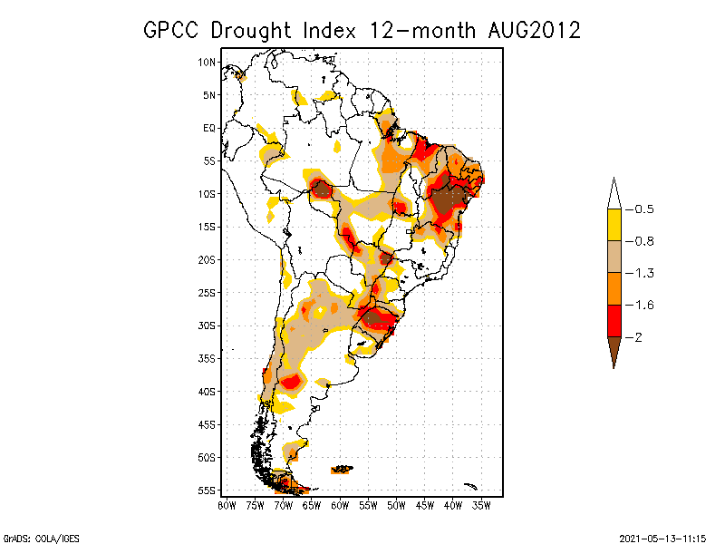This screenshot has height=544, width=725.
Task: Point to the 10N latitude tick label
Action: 208,62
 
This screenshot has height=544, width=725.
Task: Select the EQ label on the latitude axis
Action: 209,128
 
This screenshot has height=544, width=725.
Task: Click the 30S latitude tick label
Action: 208,325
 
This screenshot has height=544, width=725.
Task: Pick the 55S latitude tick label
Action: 208,491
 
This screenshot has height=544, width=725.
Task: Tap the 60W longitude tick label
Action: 340,505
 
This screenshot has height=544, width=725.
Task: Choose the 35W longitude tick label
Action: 481,505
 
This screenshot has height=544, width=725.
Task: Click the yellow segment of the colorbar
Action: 614,225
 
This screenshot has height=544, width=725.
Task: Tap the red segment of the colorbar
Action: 614,320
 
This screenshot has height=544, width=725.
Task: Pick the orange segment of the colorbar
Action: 614,288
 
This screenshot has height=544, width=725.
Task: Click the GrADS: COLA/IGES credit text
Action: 30,536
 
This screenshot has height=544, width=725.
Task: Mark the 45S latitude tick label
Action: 208,424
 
